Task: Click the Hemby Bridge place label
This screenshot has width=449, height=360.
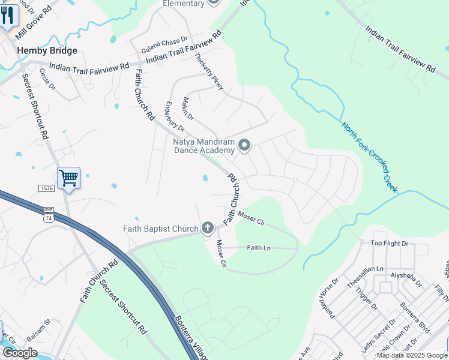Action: pos(47,51)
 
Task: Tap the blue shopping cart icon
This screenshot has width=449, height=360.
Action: pos(69,178)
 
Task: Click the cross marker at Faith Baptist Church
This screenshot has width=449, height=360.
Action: pos(208,228)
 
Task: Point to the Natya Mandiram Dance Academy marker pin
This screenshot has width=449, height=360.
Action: pos(244,145)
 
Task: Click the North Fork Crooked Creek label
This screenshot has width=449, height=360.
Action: pos(370,157)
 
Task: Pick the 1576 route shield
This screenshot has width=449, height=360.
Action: pos(46,188)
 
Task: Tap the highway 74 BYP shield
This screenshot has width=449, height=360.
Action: pos(48,215)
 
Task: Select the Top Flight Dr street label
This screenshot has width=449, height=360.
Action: pos(389,244)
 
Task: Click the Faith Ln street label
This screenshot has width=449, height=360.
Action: pos(259,247)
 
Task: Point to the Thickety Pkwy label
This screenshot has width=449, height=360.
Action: pos(209,72)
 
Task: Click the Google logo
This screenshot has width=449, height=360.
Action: pos(20,353)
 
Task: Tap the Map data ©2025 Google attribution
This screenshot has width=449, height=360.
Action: pos(411,355)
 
